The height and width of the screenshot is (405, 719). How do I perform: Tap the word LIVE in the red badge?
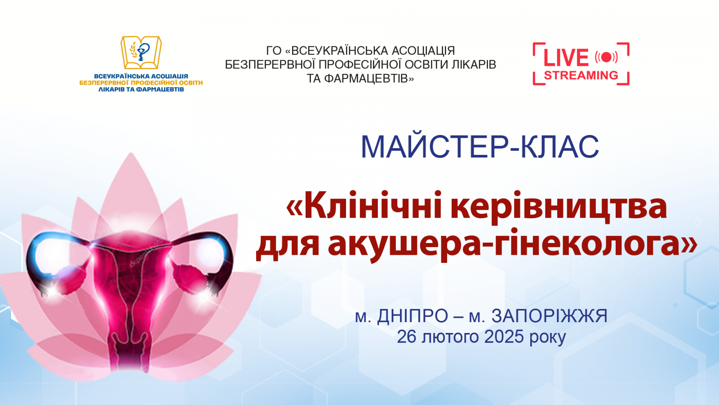(566, 58)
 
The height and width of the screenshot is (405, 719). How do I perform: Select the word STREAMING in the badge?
(581, 75)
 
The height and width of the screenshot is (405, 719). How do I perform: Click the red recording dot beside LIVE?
(606, 57)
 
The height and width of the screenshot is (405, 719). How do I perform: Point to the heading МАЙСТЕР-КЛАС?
(479, 147)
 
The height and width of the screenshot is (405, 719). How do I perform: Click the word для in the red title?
(288, 244)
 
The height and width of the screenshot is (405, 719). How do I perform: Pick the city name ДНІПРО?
(413, 316)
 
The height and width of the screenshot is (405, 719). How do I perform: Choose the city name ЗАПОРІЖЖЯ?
(549, 316)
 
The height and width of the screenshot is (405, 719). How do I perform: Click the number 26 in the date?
(406, 337)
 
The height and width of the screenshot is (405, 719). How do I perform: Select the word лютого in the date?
(450, 337)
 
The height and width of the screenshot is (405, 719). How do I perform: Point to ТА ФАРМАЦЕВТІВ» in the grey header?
(360, 79)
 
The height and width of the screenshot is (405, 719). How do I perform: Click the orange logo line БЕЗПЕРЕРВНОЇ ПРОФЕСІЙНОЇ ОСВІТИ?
(141, 83)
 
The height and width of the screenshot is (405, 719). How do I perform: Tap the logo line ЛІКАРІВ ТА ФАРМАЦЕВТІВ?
(141, 89)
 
